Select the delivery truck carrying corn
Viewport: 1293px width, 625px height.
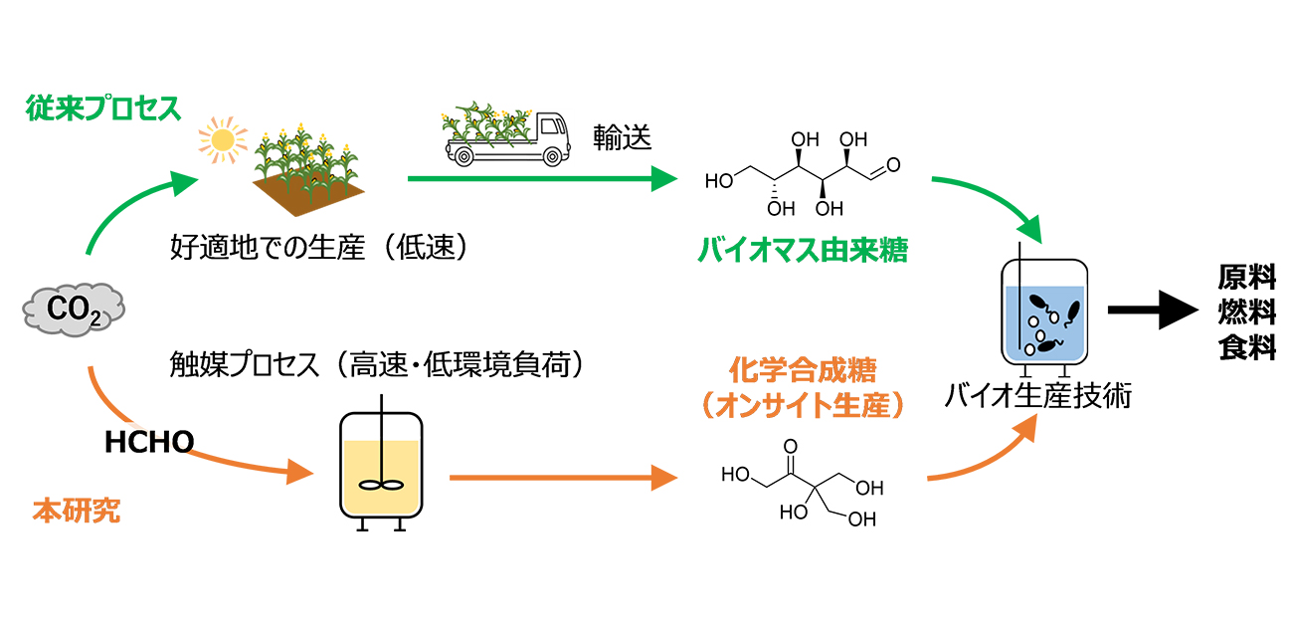click(505, 134)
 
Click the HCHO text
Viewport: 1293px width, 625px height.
click(149, 442)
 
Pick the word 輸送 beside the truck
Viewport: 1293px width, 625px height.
click(623, 137)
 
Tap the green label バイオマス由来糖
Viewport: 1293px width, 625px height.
click(802, 251)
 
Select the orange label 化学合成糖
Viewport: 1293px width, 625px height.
click(803, 373)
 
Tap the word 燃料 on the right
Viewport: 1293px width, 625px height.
click(1247, 312)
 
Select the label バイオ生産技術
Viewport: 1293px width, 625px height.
click(1038, 396)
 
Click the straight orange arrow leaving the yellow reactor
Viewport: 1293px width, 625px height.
click(562, 479)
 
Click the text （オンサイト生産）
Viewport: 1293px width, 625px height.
click(803, 406)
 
